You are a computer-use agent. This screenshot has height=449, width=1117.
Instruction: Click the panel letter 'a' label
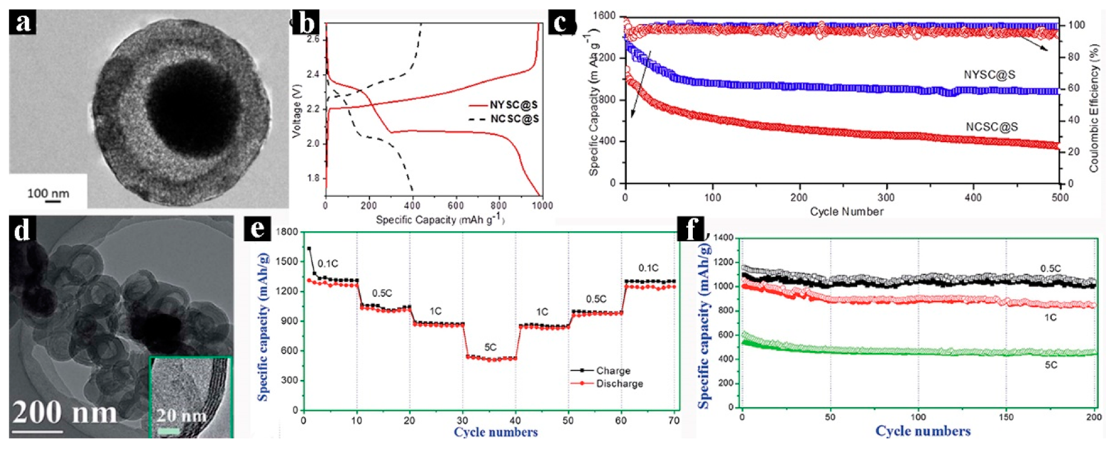[x=23, y=23]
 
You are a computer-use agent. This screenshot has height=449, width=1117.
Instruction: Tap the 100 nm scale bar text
[x=48, y=193]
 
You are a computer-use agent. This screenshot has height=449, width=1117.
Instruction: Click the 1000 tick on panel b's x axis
[x=542, y=205]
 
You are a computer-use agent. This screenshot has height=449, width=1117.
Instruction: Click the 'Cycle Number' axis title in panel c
[x=846, y=212]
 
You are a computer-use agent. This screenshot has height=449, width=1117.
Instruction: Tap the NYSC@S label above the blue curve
[x=989, y=75]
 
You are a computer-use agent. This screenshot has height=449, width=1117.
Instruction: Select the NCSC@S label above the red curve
[x=992, y=127]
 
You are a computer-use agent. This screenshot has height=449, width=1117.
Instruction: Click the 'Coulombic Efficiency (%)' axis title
[x=1094, y=108]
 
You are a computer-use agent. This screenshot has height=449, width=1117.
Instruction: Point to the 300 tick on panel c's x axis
[x=886, y=198]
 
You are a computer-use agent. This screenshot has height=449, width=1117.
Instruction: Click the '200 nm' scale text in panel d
[x=64, y=412]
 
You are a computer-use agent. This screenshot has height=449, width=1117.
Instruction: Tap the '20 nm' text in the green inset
[x=181, y=416]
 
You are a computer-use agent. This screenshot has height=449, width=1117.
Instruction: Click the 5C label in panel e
[x=490, y=348]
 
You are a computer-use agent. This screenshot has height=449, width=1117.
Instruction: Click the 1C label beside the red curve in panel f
[x=1050, y=317]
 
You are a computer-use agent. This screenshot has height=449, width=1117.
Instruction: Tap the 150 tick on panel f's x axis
[x=1006, y=417]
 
